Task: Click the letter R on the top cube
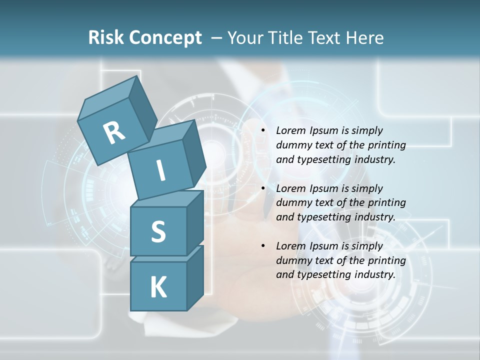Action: pyautogui.click(x=114, y=132)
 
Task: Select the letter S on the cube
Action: pyautogui.click(x=158, y=231)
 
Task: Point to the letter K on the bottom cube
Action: pyautogui.click(x=158, y=287)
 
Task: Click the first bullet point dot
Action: pyautogui.click(x=262, y=130)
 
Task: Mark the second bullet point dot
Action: pyautogui.click(x=262, y=188)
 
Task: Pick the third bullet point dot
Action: pyautogui.click(x=262, y=246)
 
